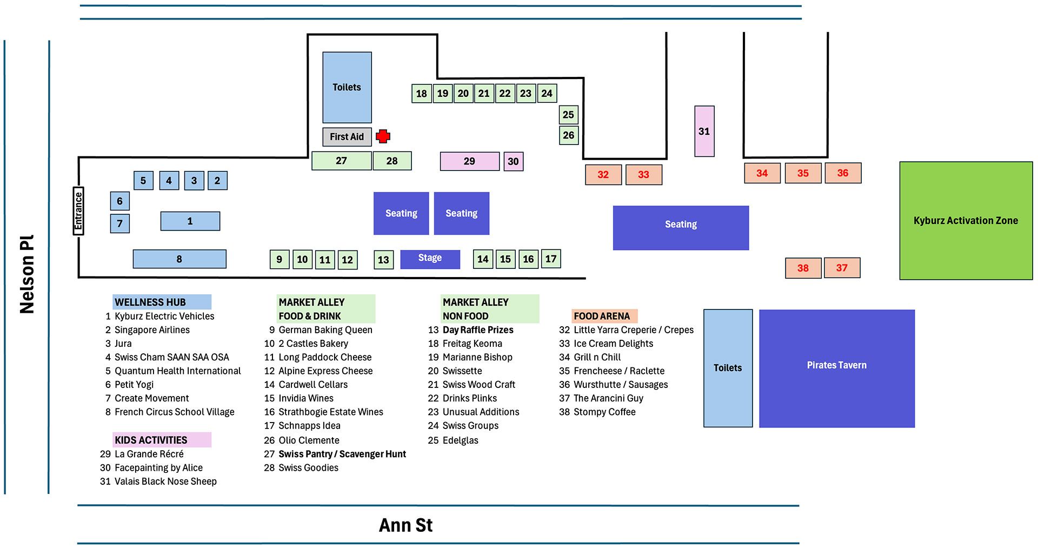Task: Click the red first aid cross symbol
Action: [383, 136]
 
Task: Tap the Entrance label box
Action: [78, 211]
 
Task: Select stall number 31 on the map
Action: [704, 131]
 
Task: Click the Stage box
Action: [430, 259]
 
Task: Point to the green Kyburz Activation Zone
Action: [966, 221]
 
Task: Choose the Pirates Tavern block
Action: [836, 368]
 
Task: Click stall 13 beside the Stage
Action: [383, 260]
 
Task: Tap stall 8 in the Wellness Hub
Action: [179, 259]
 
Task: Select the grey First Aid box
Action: [347, 137]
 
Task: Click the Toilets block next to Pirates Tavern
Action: [728, 368]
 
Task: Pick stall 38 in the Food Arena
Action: [803, 268]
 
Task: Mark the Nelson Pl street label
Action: [26, 274]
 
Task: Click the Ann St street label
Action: [405, 525]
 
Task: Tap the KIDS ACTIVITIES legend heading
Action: [151, 440]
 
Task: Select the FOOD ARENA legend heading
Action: [602, 316]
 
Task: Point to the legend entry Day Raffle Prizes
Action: [478, 329]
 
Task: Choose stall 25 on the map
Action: [568, 115]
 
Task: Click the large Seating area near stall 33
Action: [681, 228]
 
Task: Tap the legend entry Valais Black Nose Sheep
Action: [165, 481]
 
